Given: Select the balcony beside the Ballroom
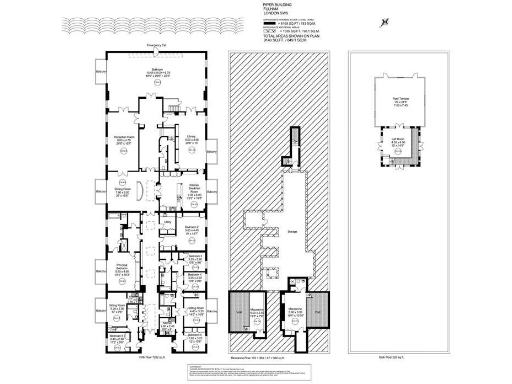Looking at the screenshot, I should pos(101,74).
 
